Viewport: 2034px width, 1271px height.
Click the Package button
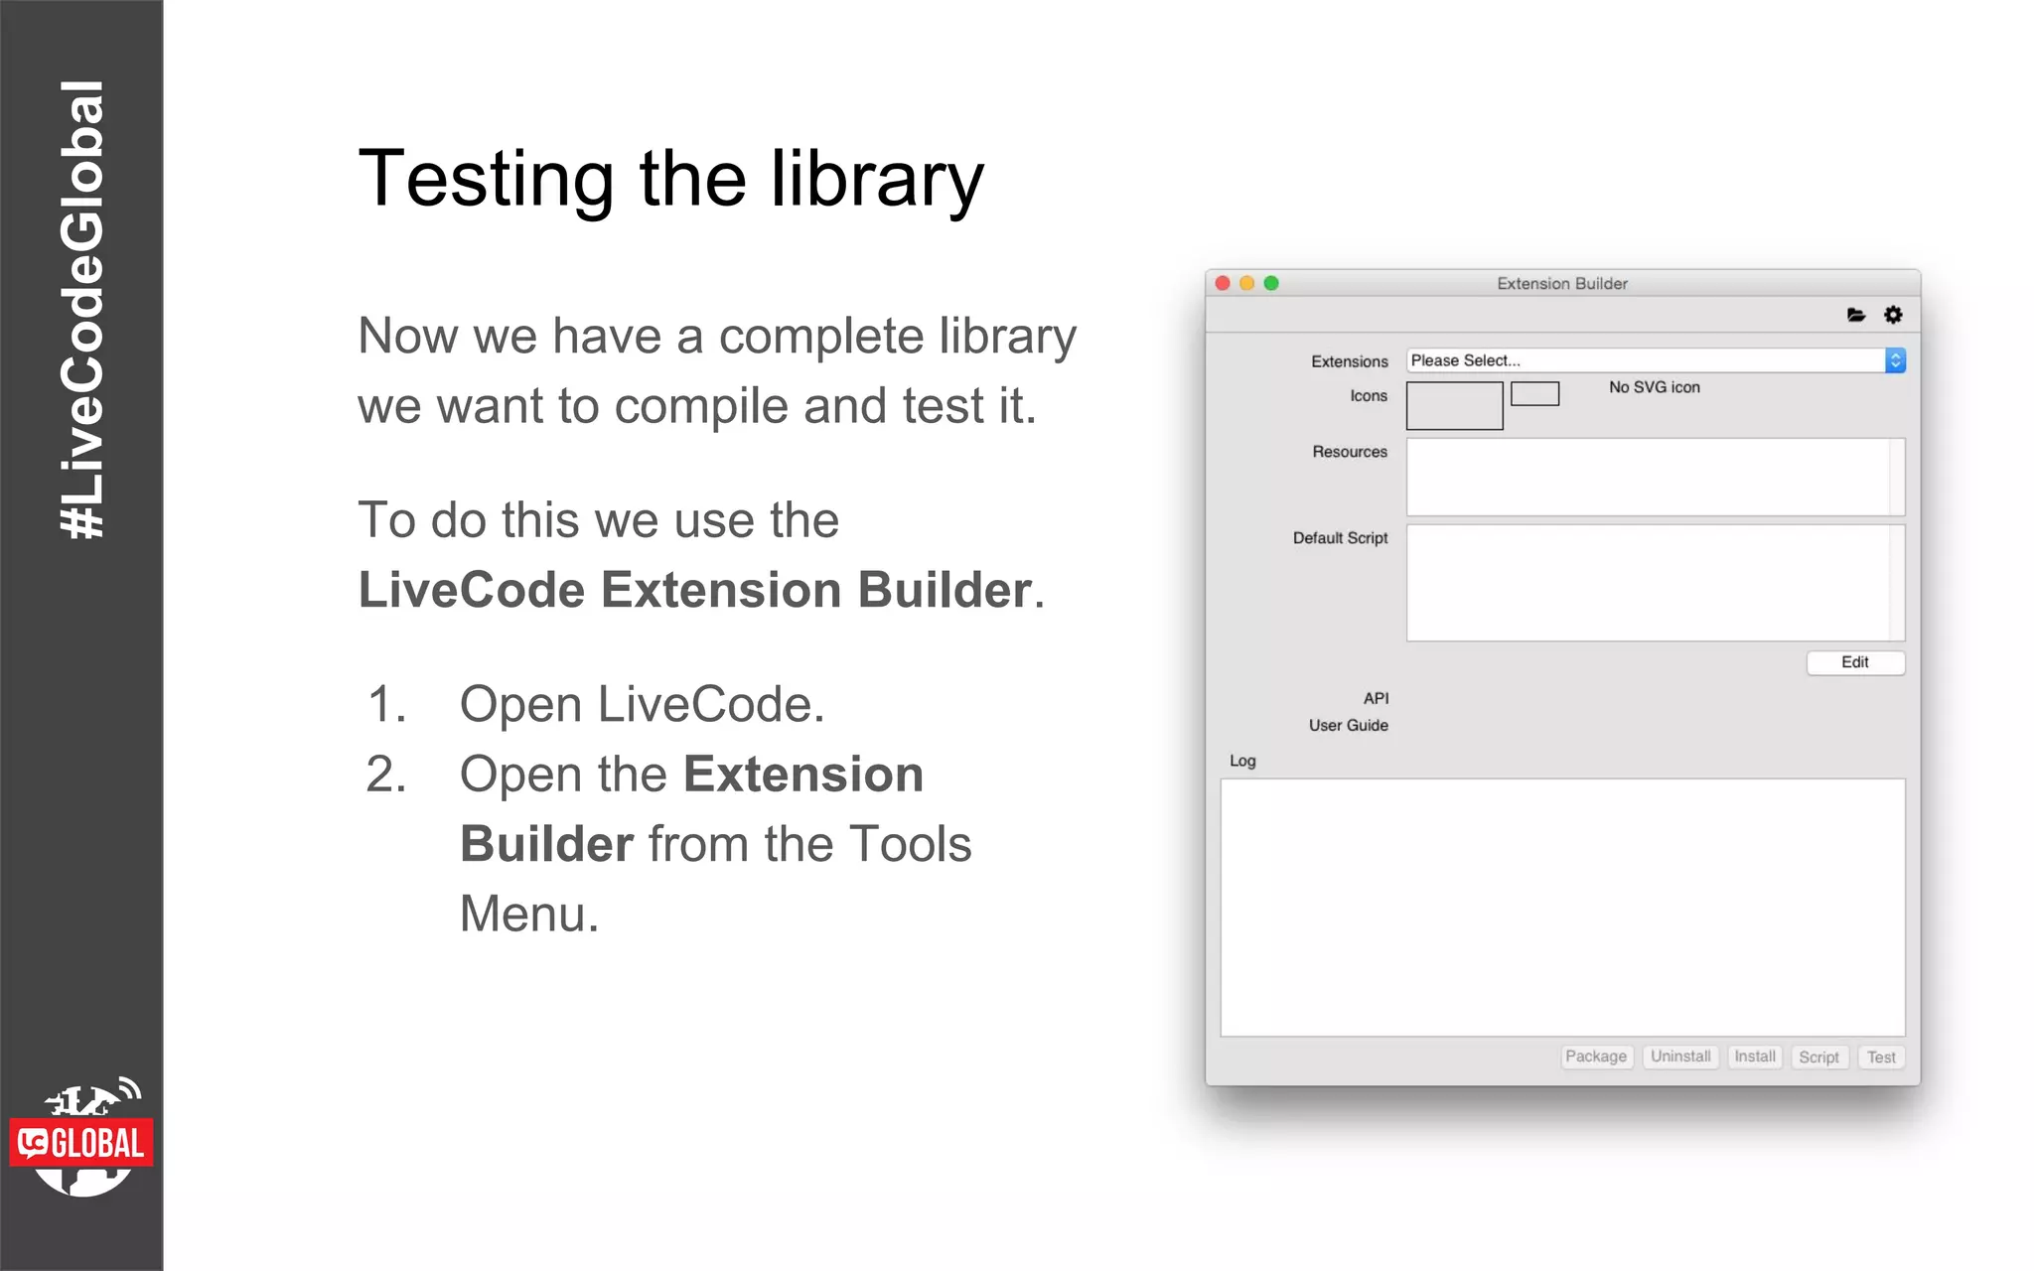click(x=1595, y=1057)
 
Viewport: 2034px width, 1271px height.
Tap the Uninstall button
click(x=1680, y=1057)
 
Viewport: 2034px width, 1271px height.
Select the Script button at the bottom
click(x=1818, y=1058)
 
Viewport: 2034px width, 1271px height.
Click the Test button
click(x=1881, y=1058)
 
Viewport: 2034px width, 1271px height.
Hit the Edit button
click(x=1854, y=662)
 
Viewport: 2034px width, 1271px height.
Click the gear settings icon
click(x=1893, y=315)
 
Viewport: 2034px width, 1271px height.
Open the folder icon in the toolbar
click(x=1855, y=315)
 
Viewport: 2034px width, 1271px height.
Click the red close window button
click(x=1223, y=283)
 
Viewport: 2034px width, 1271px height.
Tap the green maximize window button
click(x=1271, y=283)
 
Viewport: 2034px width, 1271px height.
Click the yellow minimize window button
click(x=1246, y=283)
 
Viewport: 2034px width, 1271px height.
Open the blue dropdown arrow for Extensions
click(x=1895, y=360)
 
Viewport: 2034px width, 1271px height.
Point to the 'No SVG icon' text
click(x=1654, y=387)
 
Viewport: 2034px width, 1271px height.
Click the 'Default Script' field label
click(x=1340, y=538)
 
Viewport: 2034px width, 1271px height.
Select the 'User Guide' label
click(x=1348, y=726)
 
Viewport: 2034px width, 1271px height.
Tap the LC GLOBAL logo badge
click(x=81, y=1143)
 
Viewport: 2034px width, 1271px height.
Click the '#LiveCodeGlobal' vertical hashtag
click(x=82, y=310)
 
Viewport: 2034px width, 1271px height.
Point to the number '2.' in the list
click(x=386, y=775)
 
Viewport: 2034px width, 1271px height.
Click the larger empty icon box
click(x=1454, y=405)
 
